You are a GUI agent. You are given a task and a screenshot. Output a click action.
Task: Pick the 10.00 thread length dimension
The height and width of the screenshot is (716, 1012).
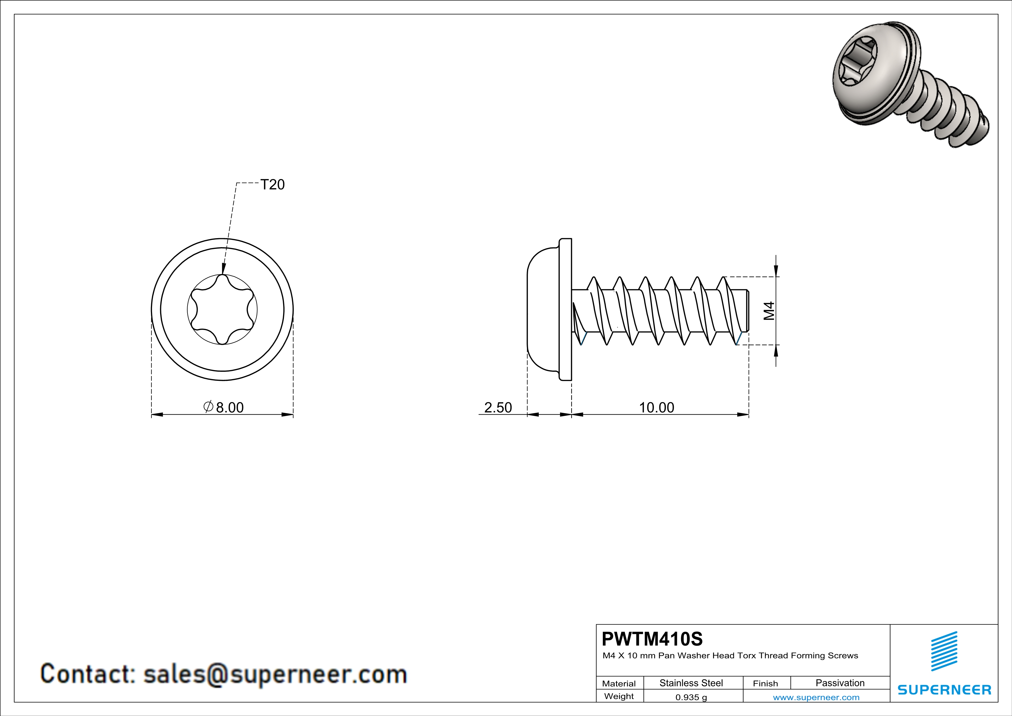click(x=656, y=407)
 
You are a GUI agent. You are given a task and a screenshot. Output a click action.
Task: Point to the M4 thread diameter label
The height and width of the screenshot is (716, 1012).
click(x=769, y=311)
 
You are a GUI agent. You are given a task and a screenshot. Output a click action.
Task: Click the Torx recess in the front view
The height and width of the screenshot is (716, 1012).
click(x=222, y=309)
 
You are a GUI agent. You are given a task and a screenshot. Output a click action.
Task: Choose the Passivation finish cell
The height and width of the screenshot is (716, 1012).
click(x=840, y=683)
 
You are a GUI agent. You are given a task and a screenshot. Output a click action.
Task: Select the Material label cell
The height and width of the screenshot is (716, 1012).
click(x=619, y=683)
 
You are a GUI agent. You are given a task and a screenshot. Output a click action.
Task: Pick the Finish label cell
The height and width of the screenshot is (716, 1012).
click(x=765, y=683)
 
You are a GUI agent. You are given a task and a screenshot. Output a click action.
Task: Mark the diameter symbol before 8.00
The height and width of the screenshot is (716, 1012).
click(x=208, y=407)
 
